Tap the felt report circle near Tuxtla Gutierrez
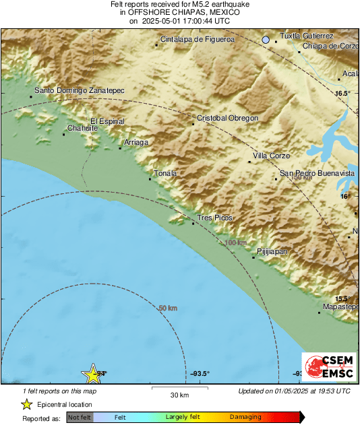(266, 40)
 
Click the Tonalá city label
(165, 173)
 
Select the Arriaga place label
(137, 142)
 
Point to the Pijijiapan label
(273, 251)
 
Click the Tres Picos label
(214, 218)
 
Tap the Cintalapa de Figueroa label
(198, 40)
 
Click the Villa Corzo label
(271, 156)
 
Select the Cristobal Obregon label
(227, 118)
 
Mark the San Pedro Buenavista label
(317, 173)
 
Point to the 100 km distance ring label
(235, 242)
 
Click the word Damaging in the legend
(245, 417)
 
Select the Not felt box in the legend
(80, 417)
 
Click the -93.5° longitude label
(200, 374)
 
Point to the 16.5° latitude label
(343, 94)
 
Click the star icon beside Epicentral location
(26, 404)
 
